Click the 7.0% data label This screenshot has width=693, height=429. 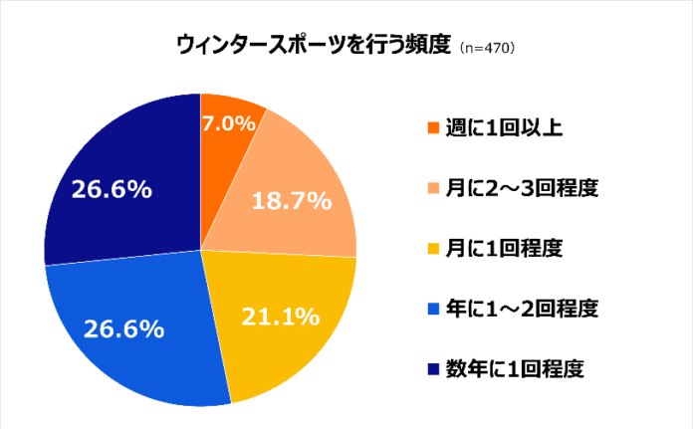point(229,123)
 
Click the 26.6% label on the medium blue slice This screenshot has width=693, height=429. point(123,328)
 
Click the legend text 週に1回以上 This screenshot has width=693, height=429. point(493,127)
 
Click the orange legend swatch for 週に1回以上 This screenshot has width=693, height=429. point(431,128)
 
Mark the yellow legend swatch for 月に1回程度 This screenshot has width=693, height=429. point(431,248)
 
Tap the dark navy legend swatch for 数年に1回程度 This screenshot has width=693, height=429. point(431,368)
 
